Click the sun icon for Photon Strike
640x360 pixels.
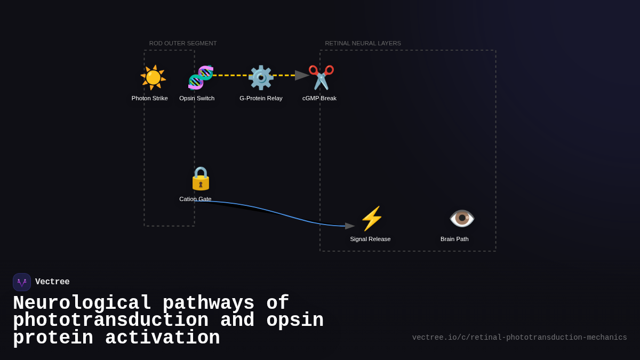pos(153,77)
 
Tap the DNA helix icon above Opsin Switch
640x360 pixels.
pos(201,77)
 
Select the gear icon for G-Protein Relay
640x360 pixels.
pos(261,77)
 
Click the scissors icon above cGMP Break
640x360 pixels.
pos(321,77)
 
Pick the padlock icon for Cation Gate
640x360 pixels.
pos(201,178)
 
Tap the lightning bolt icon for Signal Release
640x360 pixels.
pos(372,218)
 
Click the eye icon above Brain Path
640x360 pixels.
pos(462,218)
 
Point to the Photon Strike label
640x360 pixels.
pos(149,98)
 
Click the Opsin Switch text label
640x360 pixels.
pos(197,98)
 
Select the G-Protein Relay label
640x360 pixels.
pos(261,98)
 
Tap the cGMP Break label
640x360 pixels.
pos(319,98)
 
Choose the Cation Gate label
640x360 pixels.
pos(195,199)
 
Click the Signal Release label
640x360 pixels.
pos(370,239)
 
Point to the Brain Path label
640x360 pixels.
pos(454,239)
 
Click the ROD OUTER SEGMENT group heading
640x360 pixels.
pos(183,43)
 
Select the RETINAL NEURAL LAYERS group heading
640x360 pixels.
pos(363,43)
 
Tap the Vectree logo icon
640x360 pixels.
pos(22,282)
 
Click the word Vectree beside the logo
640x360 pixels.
pos(52,282)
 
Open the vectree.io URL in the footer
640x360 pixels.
pos(519,338)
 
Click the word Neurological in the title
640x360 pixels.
pos(82,303)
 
